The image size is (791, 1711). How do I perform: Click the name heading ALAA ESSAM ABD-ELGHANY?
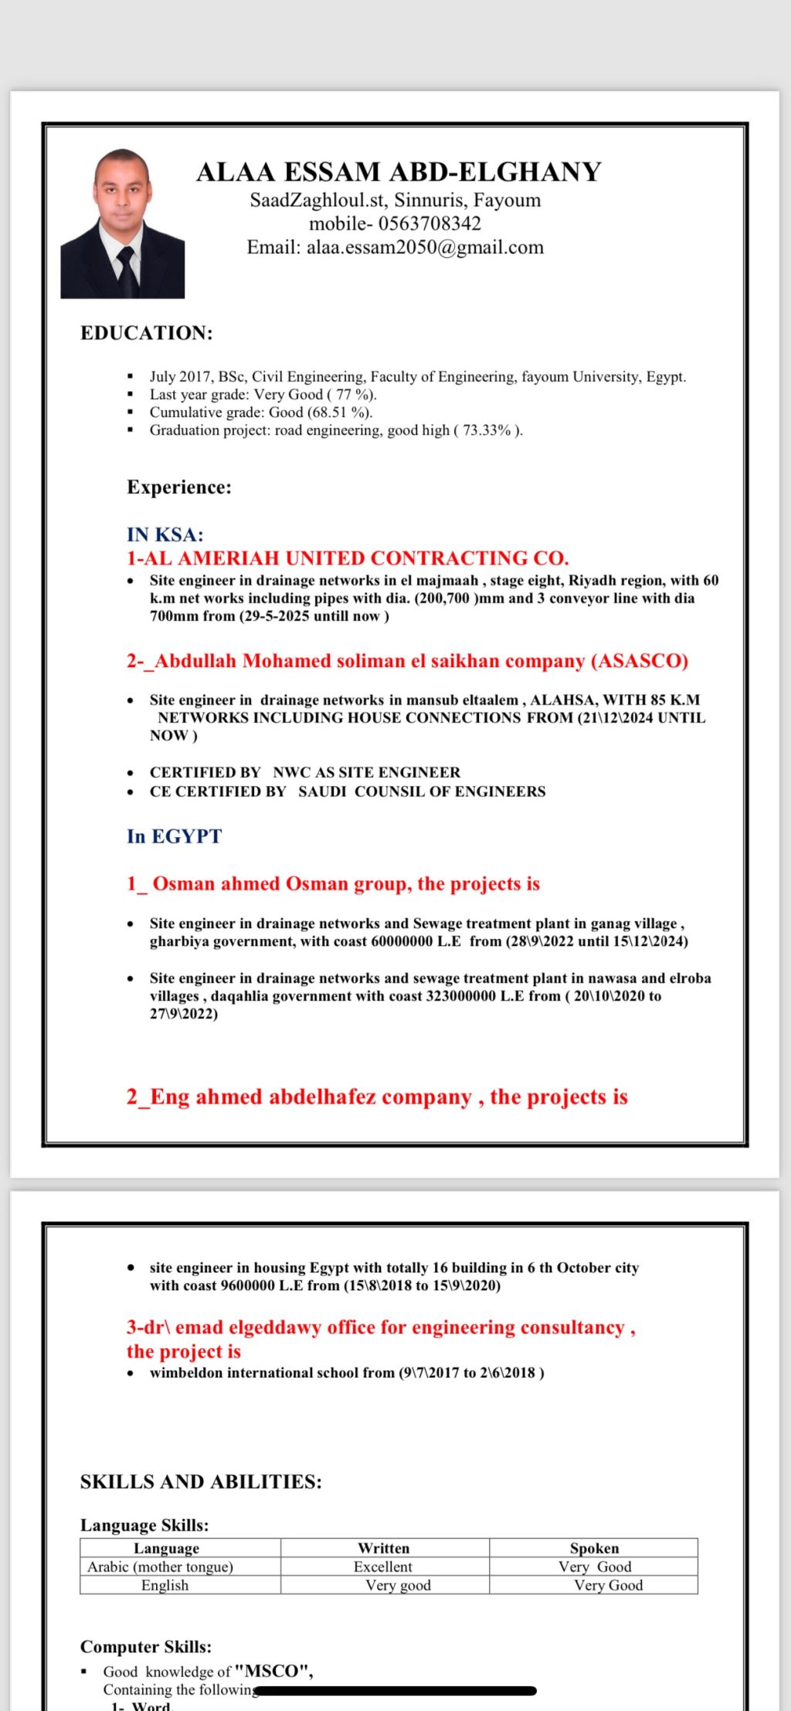point(399,171)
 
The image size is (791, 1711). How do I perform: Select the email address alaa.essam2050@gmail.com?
point(425,247)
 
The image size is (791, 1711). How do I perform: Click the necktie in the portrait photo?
point(127,270)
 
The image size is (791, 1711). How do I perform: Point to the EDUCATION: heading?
point(147,333)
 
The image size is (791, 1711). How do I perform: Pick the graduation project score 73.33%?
point(487,430)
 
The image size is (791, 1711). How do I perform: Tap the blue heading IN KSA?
point(165,534)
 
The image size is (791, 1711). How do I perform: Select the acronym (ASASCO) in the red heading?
point(640,661)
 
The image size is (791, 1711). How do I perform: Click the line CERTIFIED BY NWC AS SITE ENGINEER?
point(305,772)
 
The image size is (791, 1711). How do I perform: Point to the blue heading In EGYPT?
point(174,836)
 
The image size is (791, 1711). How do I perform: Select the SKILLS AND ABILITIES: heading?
point(201,1482)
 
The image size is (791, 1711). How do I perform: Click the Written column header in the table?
point(384,1548)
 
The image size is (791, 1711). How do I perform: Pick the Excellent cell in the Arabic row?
point(383,1567)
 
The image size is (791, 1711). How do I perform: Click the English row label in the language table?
point(165,1585)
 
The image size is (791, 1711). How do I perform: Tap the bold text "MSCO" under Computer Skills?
point(273,1671)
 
